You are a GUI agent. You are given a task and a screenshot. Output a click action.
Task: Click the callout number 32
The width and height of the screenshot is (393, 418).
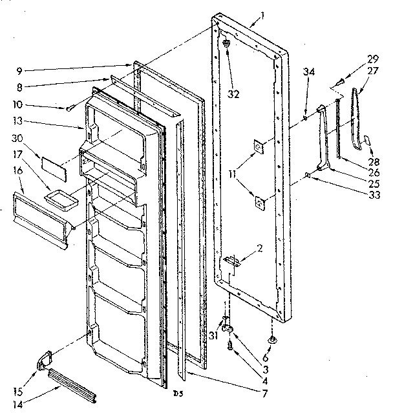233,94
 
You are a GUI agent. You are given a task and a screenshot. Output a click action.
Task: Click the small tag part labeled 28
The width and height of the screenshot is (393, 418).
366,140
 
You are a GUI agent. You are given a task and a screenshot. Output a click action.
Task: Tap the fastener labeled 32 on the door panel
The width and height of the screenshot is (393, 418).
226,43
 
